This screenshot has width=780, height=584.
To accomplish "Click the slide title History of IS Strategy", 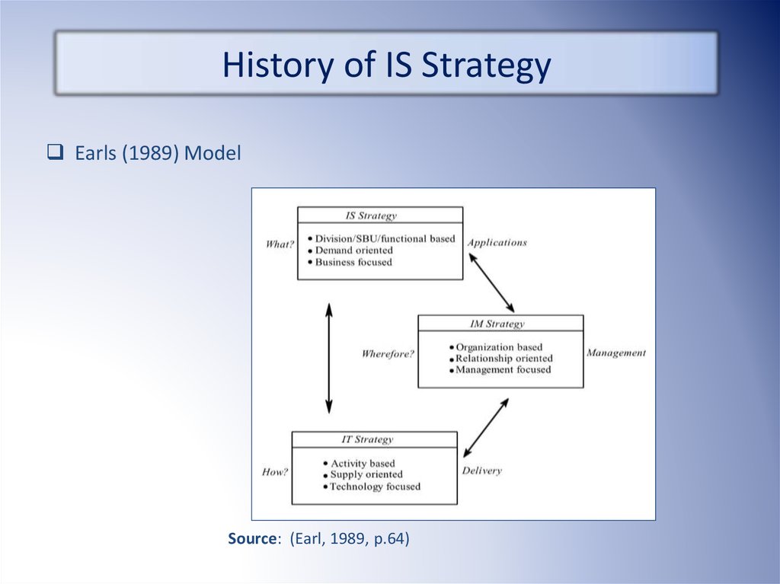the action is pyautogui.click(x=386, y=65).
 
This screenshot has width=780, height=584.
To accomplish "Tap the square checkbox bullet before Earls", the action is pyautogui.click(x=55, y=152).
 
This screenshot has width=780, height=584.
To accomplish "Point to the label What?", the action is pyautogui.click(x=280, y=244).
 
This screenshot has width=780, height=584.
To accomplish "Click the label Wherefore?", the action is pyautogui.click(x=388, y=354).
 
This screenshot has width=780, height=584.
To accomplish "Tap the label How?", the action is pyautogui.click(x=274, y=471).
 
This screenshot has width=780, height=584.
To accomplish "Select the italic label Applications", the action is pyautogui.click(x=497, y=243).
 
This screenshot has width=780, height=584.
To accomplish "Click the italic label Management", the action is pyautogui.click(x=615, y=353).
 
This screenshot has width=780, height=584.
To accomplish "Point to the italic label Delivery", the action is pyautogui.click(x=481, y=471).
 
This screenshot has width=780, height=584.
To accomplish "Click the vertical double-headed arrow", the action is pyautogui.click(x=329, y=358).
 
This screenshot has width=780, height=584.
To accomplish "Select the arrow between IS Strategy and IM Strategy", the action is pyautogui.click(x=491, y=282).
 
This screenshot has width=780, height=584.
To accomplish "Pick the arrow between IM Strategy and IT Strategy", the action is pyautogui.click(x=486, y=427).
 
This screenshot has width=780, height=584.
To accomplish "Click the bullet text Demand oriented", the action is pyautogui.click(x=353, y=251).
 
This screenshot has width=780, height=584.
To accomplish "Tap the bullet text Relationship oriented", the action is pyautogui.click(x=504, y=358).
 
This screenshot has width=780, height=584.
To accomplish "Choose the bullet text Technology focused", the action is pyautogui.click(x=375, y=487).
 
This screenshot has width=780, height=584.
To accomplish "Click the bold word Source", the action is pyautogui.click(x=251, y=538).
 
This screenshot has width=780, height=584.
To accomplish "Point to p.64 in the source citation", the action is pyautogui.click(x=392, y=539).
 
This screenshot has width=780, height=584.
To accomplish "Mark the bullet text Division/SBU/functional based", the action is pyautogui.click(x=385, y=239).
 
